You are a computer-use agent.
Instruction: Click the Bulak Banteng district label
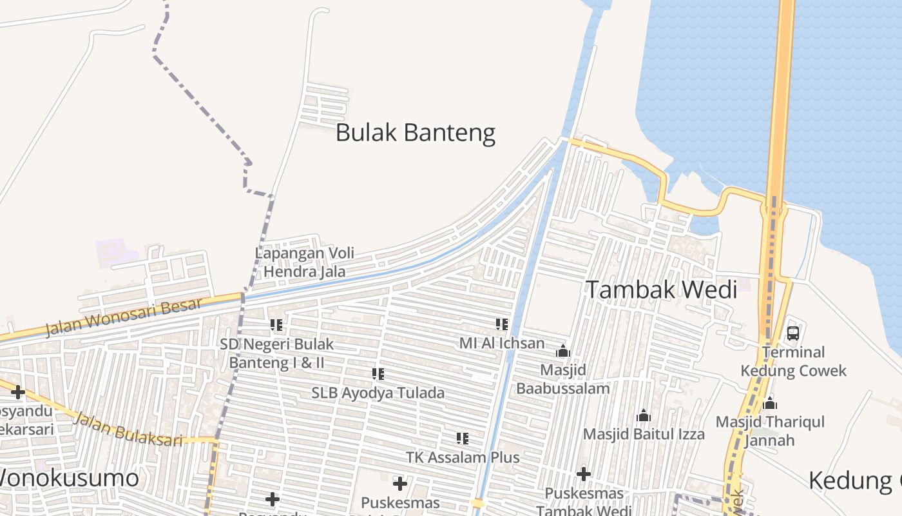(x=416, y=133)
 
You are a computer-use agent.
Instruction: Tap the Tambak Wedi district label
(x=661, y=290)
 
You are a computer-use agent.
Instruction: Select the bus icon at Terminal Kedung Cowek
(x=793, y=333)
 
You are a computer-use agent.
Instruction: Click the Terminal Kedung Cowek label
(x=793, y=361)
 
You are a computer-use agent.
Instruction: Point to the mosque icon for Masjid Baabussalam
(x=563, y=351)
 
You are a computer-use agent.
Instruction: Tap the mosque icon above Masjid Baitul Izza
(x=643, y=416)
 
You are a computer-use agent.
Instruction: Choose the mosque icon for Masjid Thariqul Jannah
(x=769, y=404)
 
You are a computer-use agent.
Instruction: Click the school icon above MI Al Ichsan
(x=501, y=324)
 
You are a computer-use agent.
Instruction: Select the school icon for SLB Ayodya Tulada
(x=378, y=373)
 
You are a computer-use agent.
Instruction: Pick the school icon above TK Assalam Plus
(x=462, y=439)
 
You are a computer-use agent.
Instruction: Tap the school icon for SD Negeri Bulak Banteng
(x=276, y=325)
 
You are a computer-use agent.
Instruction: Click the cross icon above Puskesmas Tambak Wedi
(x=584, y=475)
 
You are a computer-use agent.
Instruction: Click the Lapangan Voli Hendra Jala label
(x=305, y=262)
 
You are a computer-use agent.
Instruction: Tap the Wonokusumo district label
(x=68, y=479)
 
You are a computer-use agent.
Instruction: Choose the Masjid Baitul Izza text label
(x=644, y=434)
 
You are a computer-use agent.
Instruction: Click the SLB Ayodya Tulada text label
(x=378, y=393)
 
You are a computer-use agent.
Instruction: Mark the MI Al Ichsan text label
(x=502, y=343)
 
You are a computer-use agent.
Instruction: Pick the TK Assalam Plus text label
(x=463, y=457)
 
